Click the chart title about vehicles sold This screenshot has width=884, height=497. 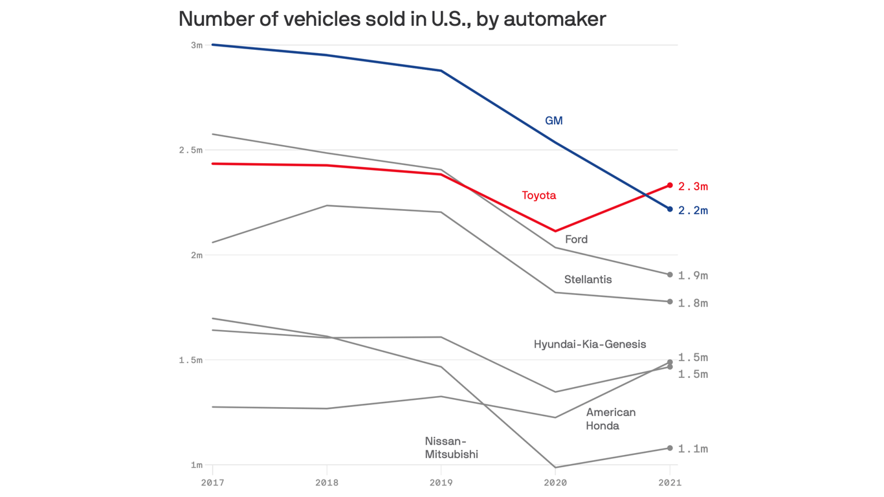(x=392, y=19)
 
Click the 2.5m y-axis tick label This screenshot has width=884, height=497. (x=191, y=150)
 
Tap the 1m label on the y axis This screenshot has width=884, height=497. (x=196, y=465)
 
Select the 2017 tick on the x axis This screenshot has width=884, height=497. (x=212, y=483)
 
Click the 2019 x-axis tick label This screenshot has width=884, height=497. (x=441, y=483)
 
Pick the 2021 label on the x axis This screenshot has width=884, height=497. (x=670, y=483)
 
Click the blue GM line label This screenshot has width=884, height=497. (x=553, y=121)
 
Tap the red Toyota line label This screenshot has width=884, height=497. (x=538, y=195)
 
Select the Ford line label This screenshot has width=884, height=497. (x=576, y=239)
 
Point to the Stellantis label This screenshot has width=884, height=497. (x=588, y=280)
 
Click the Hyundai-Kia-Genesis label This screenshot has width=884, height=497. (x=590, y=344)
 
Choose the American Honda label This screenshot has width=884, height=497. (x=610, y=419)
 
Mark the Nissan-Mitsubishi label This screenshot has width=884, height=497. (x=451, y=448)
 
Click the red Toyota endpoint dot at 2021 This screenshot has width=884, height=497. (x=670, y=186)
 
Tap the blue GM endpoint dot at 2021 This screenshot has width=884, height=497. (x=670, y=209)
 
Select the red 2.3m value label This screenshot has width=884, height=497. (x=692, y=186)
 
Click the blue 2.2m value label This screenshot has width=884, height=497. (x=692, y=211)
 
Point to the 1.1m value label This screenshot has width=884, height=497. (x=692, y=449)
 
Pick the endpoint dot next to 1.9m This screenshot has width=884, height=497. (x=670, y=275)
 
